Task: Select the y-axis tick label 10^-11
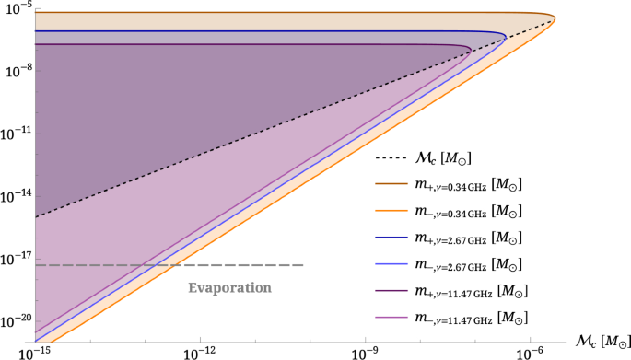[16, 134]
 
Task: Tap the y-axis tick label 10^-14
[16, 197]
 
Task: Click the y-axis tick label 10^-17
[16, 261]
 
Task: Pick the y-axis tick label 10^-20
[16, 324]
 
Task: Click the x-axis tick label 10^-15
[34, 352]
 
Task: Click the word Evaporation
[230, 287]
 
